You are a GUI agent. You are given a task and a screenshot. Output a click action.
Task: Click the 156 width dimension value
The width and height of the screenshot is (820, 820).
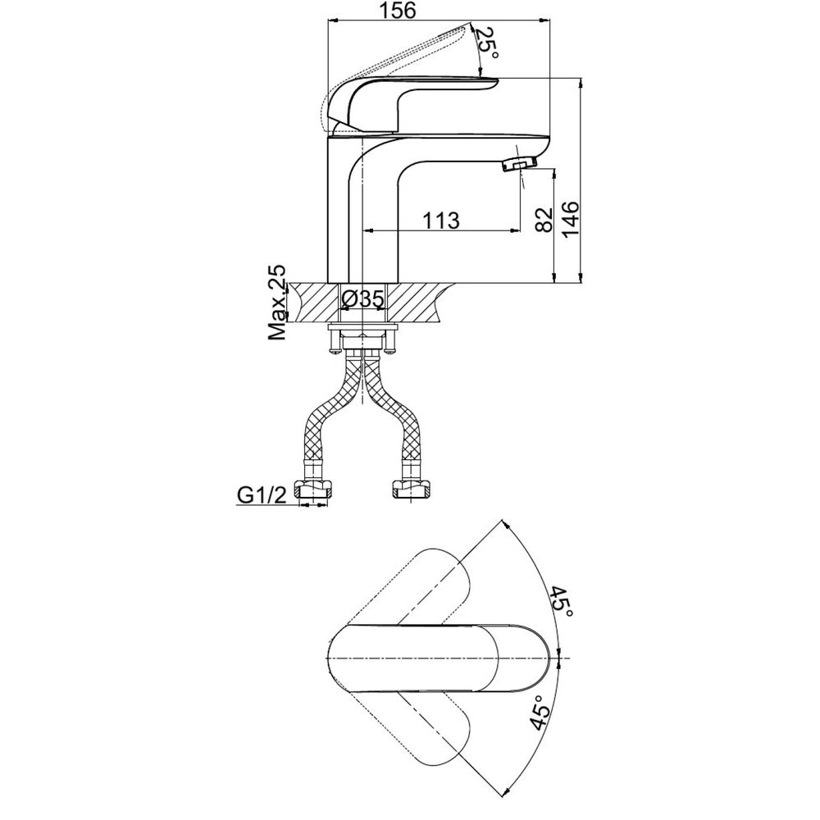398,10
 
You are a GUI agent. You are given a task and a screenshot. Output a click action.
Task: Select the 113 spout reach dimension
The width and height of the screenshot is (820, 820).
441,220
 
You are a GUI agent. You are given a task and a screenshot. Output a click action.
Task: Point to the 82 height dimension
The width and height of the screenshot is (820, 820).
544,219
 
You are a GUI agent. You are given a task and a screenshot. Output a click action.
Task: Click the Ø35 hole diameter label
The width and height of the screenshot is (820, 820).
363,298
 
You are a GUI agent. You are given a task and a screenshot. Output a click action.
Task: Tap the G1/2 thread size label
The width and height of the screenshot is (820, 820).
262,494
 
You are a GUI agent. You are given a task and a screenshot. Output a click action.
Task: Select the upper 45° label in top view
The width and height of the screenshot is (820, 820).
561,601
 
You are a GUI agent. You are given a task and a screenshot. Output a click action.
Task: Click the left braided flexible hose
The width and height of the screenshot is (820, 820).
331,412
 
